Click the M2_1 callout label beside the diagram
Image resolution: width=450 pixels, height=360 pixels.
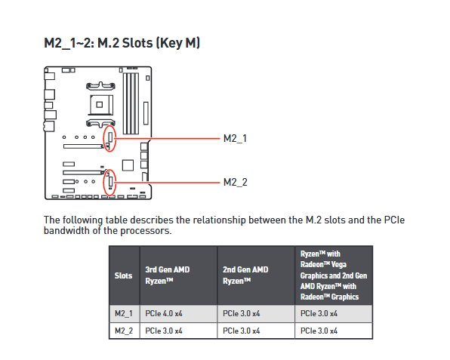pos(235,139)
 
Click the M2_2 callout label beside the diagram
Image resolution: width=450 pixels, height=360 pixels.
pos(236,182)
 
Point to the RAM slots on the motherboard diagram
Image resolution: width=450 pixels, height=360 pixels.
pos(131,103)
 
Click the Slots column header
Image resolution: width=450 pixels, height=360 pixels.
pos(123,275)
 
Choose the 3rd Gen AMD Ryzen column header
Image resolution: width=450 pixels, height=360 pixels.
pos(168,275)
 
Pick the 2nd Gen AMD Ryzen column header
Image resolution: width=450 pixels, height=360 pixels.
pos(245,275)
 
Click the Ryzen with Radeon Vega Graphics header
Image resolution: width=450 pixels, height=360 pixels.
pos(334,275)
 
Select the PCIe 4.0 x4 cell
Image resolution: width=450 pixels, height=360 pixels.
pos(164,313)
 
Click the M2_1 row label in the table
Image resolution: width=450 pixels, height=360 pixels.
pos(124,313)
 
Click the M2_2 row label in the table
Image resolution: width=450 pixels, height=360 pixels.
pos(124,331)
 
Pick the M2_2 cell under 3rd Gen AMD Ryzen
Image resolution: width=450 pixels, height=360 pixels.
pos(164,331)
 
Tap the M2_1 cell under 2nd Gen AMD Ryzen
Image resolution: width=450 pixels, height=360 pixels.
pos(242,313)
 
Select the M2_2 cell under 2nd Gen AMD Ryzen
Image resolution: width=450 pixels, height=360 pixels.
pos(242,331)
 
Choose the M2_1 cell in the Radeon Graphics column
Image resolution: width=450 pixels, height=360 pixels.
pos(319,313)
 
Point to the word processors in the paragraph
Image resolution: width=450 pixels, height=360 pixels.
pos(146,231)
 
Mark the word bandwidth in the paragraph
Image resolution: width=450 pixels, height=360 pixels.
pos(66,230)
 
